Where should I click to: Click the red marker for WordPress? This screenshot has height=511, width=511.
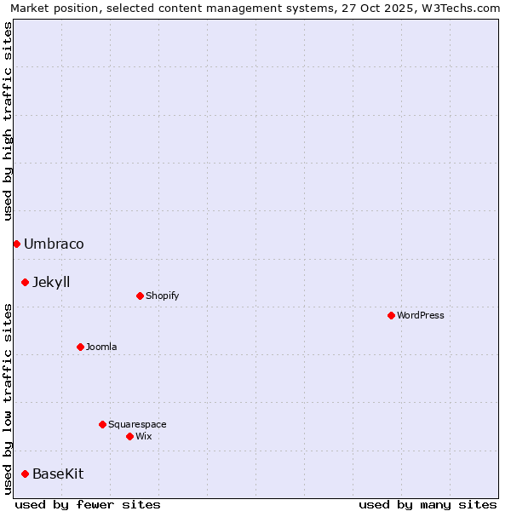pos(391,315)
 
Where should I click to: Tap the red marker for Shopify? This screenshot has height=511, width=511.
pos(140,296)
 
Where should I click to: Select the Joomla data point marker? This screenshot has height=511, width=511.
pos(80,347)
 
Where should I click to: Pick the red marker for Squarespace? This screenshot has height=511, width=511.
pos(102,424)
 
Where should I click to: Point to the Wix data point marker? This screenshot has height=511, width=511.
pos(129,436)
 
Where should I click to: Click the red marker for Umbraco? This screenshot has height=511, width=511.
pos(16,244)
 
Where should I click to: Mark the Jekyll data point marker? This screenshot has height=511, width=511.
pos(25,282)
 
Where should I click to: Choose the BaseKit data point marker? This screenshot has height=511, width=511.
pos(25,474)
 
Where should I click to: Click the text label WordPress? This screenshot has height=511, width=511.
pos(421,315)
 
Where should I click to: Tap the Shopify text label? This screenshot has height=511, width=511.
pos(162,296)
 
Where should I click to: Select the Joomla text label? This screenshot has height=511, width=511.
pos(101,347)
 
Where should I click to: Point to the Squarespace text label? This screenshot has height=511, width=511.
pos(137,424)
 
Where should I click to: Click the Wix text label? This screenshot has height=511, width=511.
pos(143,436)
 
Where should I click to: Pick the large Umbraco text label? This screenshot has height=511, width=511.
pos(54,244)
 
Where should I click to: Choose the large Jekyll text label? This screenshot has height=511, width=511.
pos(51,283)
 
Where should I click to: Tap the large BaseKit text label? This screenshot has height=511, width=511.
pos(58,474)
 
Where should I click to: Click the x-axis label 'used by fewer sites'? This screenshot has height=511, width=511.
pos(88,504)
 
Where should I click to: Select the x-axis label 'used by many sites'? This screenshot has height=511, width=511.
pos(428,504)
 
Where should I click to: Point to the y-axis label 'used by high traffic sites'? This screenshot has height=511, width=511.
pos(9,121)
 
